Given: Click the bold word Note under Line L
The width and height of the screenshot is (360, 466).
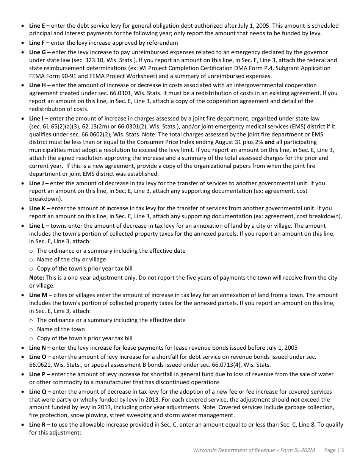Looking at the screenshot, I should click(x=36, y=278).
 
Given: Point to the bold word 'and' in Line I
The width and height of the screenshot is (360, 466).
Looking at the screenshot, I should click(x=269, y=142).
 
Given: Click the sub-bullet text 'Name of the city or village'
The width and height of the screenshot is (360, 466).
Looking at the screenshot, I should click(x=71, y=260).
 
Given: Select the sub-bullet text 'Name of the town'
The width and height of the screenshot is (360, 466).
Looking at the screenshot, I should click(x=61, y=329).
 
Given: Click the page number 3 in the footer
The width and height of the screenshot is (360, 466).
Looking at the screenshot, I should click(x=342, y=450).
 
